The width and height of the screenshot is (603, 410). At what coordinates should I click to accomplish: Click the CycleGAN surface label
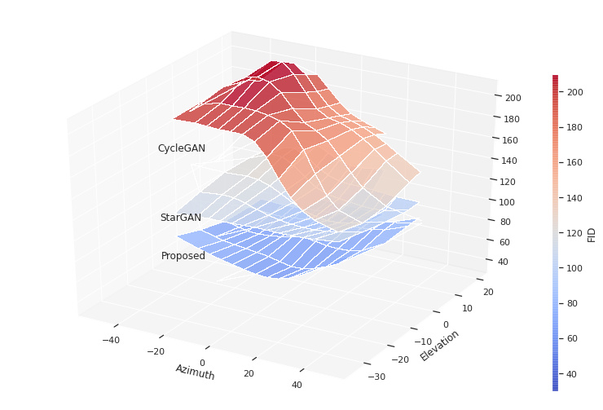[181, 148]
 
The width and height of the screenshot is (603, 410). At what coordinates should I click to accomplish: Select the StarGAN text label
[180, 218]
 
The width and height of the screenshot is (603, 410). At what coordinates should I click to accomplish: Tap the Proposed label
[183, 256]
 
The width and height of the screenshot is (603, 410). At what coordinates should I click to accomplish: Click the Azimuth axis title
[195, 373]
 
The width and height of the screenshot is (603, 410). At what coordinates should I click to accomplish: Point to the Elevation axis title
[440, 346]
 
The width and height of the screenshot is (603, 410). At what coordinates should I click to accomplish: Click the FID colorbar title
[592, 235]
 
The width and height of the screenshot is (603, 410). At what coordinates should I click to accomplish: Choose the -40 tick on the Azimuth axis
[110, 340]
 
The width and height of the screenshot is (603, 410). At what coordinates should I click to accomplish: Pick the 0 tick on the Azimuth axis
[202, 363]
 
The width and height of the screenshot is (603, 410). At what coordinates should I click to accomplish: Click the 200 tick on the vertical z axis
[513, 98]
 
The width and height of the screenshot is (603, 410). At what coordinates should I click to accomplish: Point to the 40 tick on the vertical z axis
[503, 262]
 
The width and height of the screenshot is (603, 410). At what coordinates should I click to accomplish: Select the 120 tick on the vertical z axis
[508, 182]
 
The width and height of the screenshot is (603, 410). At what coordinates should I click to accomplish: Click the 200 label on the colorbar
[574, 93]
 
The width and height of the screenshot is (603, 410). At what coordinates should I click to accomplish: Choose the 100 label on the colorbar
[574, 268]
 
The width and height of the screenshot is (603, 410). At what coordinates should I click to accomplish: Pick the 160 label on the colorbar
[574, 163]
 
